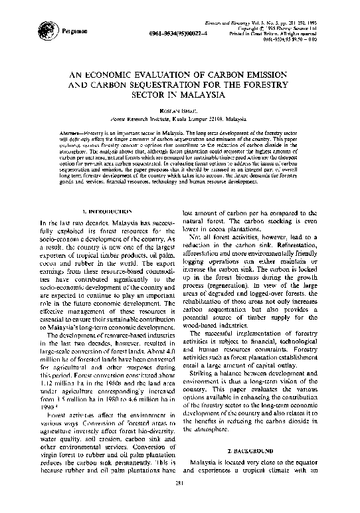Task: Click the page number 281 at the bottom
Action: click(180, 500)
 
